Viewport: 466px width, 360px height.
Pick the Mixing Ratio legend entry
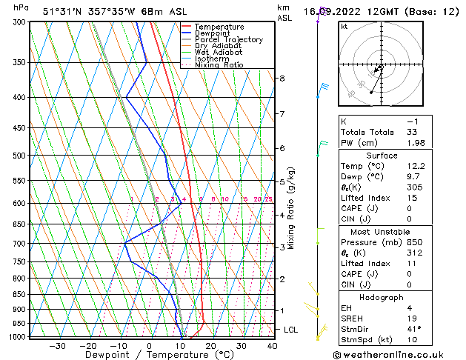pos(219,65)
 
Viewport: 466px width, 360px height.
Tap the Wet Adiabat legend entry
pos(218,53)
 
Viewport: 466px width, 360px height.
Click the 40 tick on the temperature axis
pos(272,346)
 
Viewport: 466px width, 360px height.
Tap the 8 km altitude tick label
pos(282,79)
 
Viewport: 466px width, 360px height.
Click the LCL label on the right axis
pos(291,330)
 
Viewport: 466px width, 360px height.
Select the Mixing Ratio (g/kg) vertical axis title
pos(292,208)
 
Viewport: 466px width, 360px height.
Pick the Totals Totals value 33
pos(412,132)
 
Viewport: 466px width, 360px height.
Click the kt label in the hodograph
pos(344,27)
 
